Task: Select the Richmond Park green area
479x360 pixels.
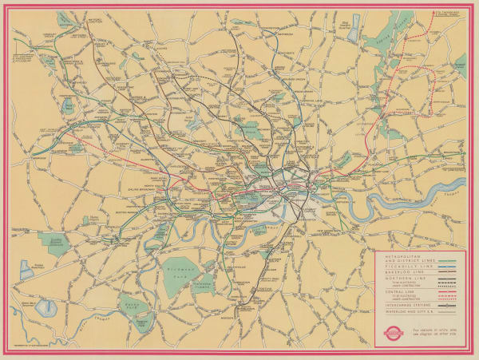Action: coord(182,268)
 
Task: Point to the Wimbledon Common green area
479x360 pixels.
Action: coord(203,283)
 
